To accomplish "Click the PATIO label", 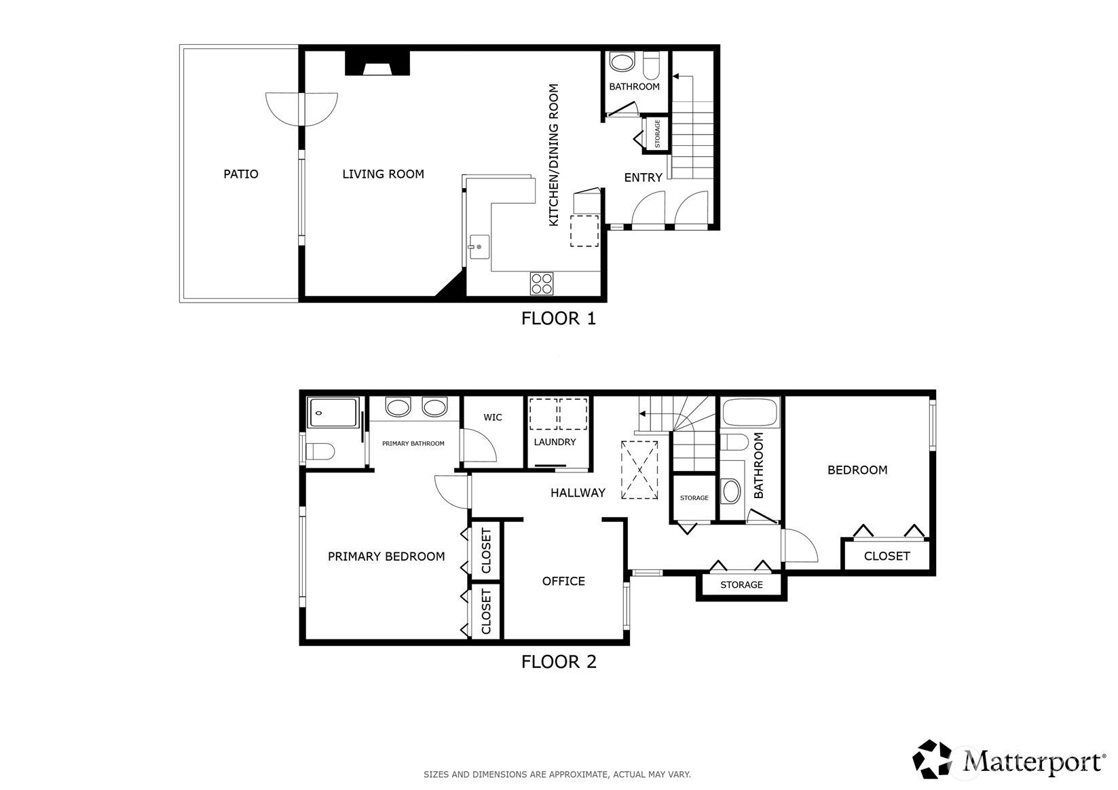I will point(241,174).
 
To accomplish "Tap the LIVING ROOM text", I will point(383,174).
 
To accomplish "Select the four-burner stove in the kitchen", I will point(542,283).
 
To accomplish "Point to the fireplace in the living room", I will point(377,64).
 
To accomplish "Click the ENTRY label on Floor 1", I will point(643,178).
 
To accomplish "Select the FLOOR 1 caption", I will point(558,318).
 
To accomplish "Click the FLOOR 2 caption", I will point(558,662).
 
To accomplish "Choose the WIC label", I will point(493,417).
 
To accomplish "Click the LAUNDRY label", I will point(555,443).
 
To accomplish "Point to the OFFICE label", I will point(563,582).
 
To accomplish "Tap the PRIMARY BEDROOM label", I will point(386,557).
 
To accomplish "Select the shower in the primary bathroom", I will point(333,413).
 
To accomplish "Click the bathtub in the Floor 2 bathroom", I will point(751,413).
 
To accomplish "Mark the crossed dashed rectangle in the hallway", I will point(639,470).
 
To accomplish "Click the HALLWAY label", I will point(578,493).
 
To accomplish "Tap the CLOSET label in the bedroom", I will point(887,557).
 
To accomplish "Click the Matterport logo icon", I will point(933,759).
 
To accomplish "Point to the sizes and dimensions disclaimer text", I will point(557,774).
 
